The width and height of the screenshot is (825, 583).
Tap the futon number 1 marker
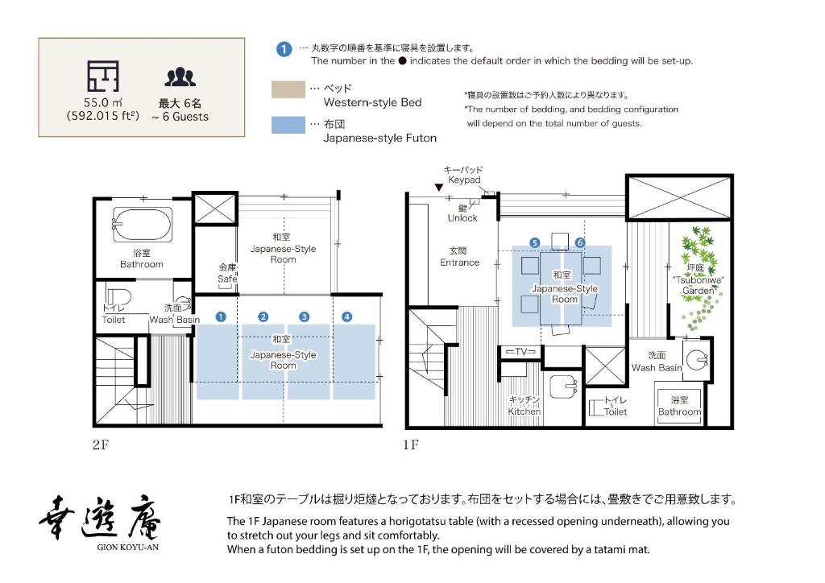(x=221, y=316)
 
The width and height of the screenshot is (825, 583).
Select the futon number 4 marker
(x=347, y=316)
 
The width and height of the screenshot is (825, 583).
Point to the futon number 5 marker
(x=534, y=242)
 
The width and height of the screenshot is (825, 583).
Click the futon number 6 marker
(x=580, y=242)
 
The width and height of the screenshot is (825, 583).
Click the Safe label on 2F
(x=227, y=274)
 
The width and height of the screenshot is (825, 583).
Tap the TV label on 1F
(x=520, y=352)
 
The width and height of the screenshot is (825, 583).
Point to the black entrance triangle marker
(x=438, y=188)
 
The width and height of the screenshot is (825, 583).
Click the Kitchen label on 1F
(x=524, y=405)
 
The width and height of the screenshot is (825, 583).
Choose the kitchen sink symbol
(x=564, y=387)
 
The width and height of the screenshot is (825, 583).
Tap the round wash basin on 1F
(x=695, y=354)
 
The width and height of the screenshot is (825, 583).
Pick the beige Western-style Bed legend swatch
(x=288, y=89)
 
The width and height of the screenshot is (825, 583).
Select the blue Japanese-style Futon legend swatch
(x=288, y=125)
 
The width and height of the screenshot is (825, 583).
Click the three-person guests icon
(x=180, y=76)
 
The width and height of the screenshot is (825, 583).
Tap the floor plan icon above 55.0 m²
(x=102, y=76)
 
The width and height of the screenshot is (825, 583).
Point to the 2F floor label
(x=100, y=444)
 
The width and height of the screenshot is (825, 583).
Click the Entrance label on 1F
(x=459, y=257)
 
